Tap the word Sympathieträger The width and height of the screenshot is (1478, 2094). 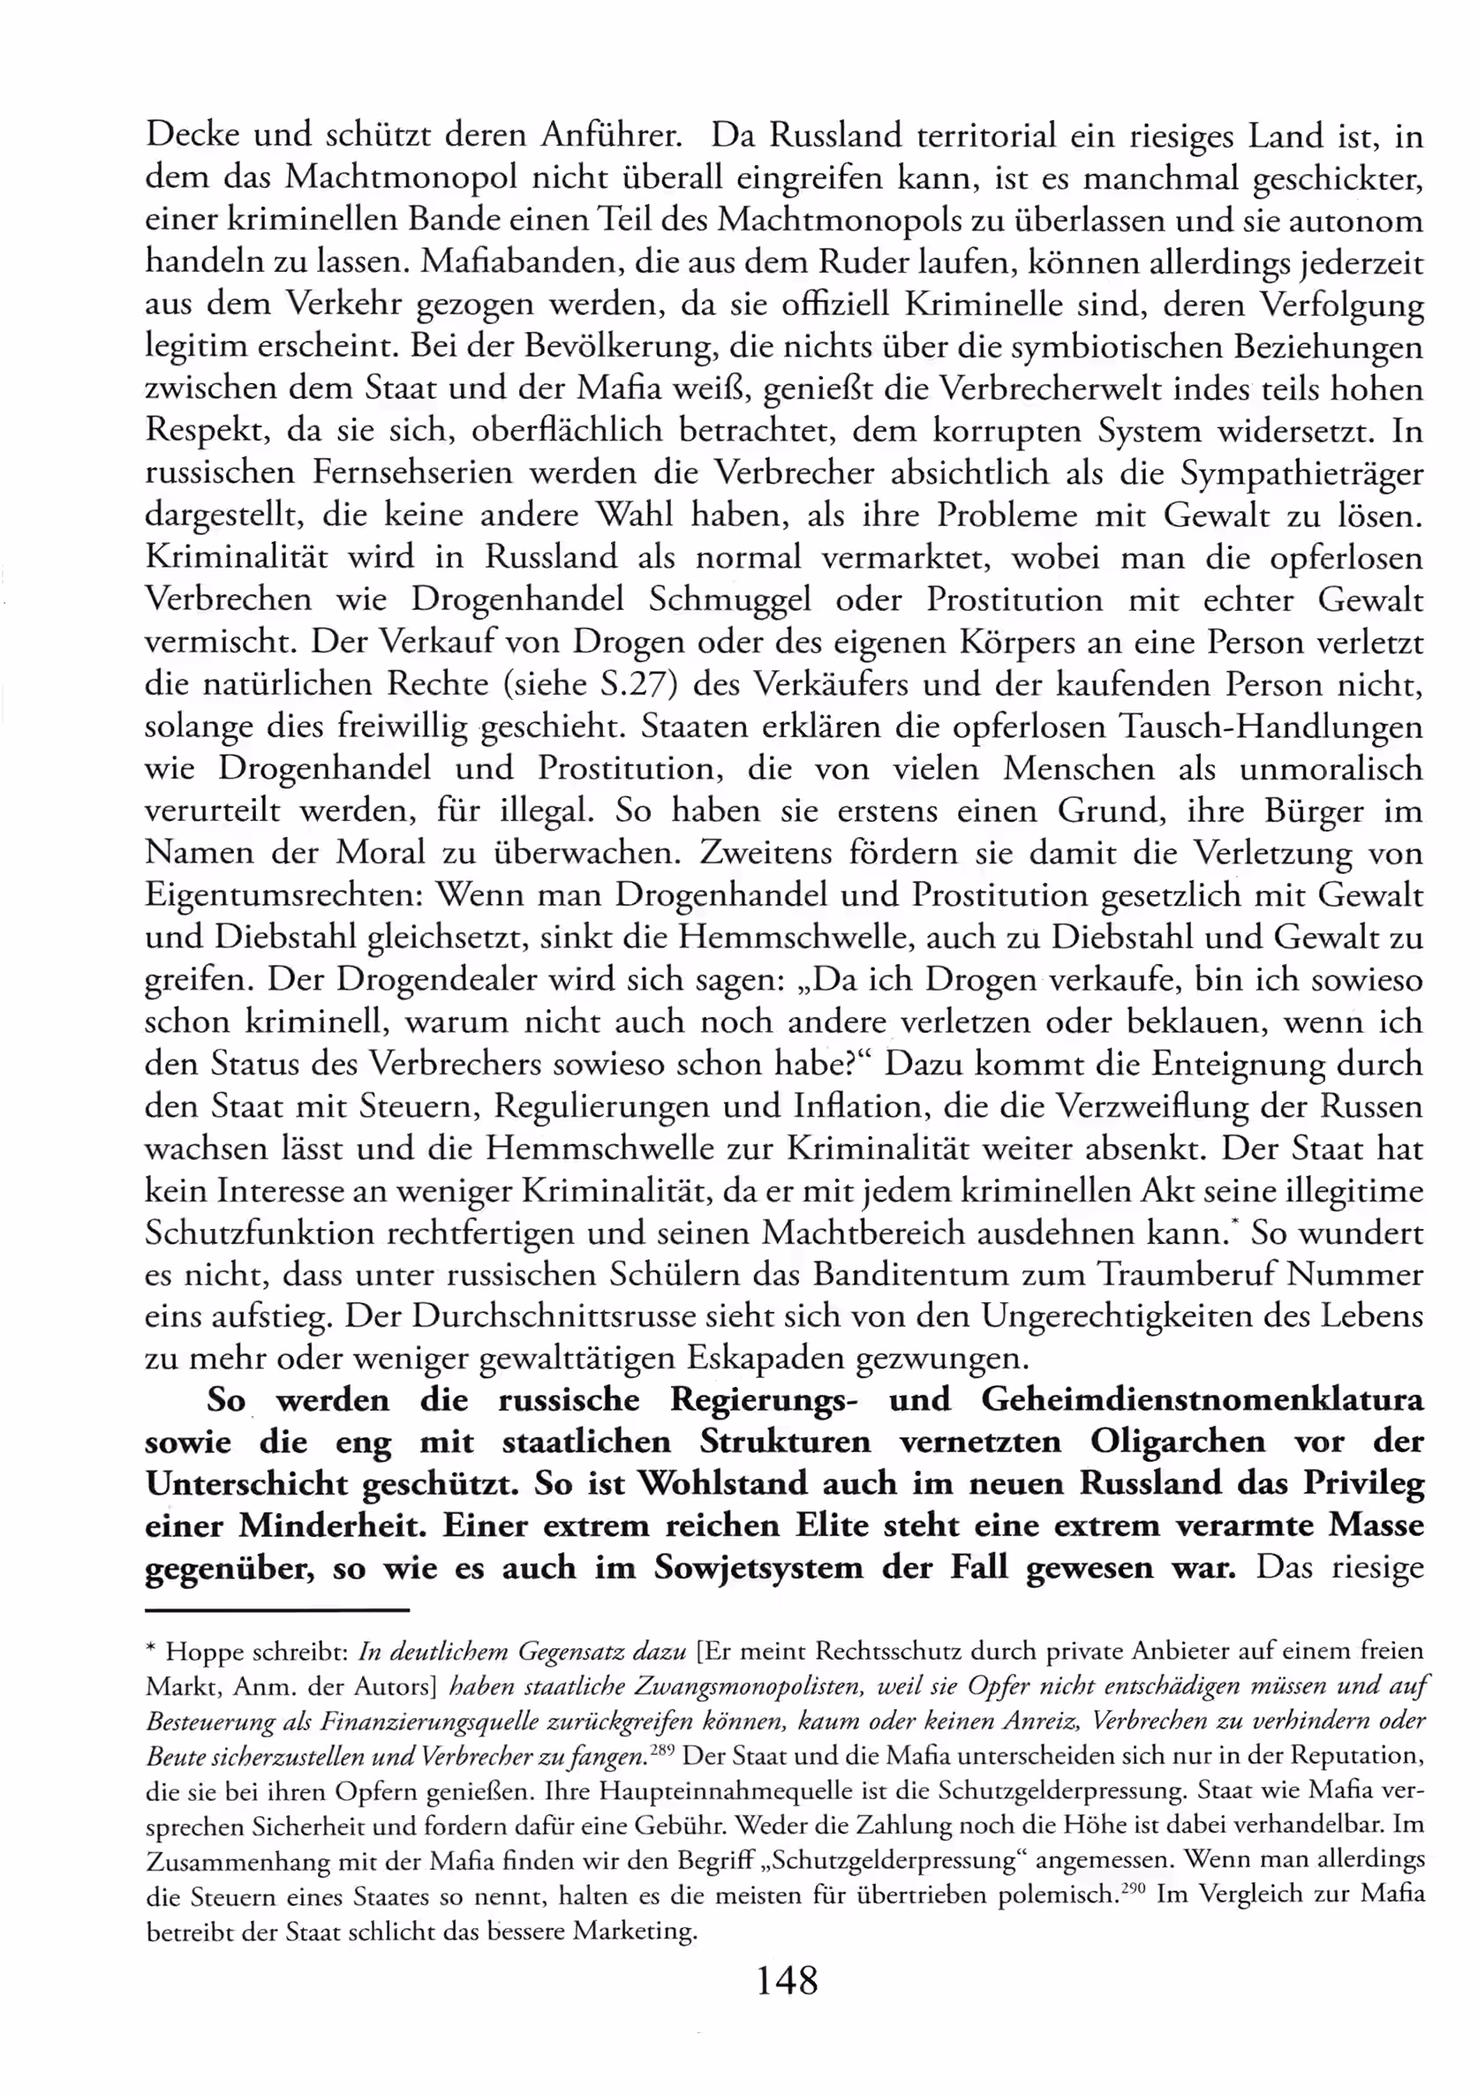(1302, 473)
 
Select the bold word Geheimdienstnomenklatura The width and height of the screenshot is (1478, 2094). (1202, 1400)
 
